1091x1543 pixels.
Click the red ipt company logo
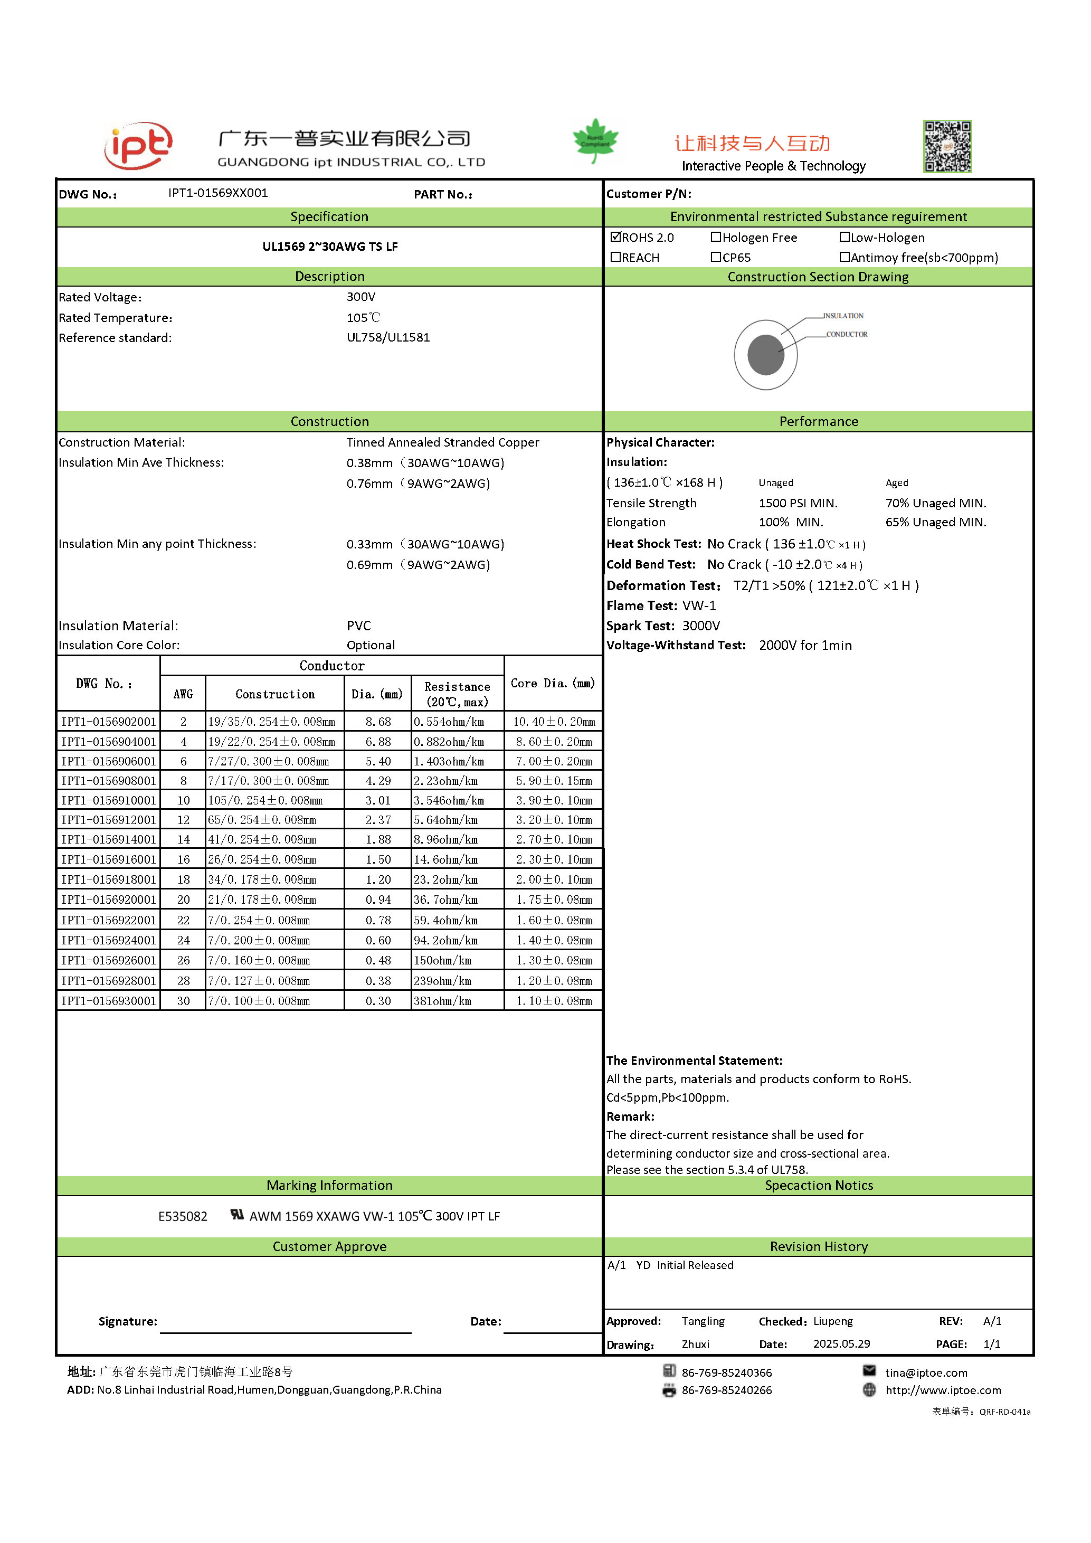(x=138, y=145)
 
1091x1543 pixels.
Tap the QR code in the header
(x=947, y=147)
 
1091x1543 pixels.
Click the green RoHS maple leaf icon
(x=595, y=140)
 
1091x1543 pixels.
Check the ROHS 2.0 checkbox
(x=615, y=236)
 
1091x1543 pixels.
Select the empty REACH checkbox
(x=615, y=257)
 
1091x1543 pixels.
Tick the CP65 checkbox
(x=716, y=257)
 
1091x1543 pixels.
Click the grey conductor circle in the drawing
(x=766, y=354)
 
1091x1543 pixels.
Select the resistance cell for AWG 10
(x=449, y=800)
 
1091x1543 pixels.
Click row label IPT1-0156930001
(x=109, y=1001)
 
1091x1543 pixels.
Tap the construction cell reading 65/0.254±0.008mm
(x=262, y=820)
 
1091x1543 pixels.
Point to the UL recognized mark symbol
(x=237, y=1214)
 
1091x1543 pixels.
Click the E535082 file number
(x=183, y=1216)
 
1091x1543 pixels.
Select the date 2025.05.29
(x=841, y=1343)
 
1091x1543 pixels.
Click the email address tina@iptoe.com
(x=926, y=1372)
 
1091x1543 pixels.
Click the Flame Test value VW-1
(x=699, y=605)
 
